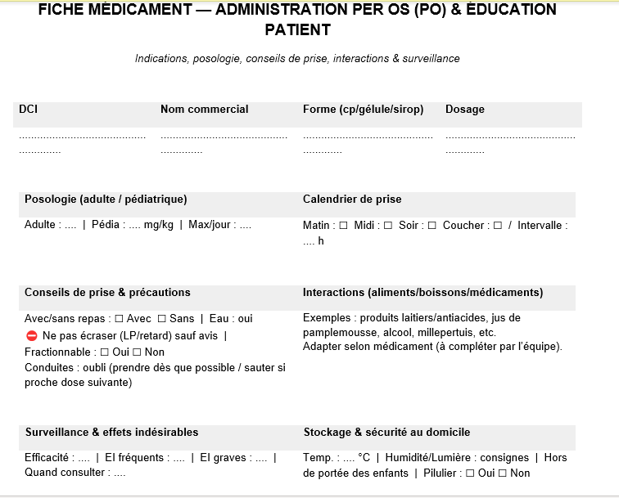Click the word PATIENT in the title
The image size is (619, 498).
[x=298, y=30]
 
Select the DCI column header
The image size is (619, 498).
[x=28, y=109]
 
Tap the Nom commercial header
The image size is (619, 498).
[x=204, y=109]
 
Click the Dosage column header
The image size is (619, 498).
[x=464, y=109]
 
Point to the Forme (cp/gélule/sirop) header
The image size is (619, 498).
[x=363, y=109]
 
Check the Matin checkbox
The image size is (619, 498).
[x=343, y=226]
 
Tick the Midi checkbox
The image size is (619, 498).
[x=387, y=226]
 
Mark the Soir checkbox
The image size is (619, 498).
[x=431, y=226]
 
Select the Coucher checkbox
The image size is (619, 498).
[x=497, y=226]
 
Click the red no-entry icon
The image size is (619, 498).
[x=32, y=335]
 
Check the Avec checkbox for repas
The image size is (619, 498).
[x=119, y=318]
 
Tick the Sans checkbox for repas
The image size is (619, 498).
[x=161, y=318]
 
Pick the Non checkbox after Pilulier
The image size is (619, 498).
[x=502, y=473]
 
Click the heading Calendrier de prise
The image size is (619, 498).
[x=352, y=199]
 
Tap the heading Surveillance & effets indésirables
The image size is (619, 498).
[x=111, y=432]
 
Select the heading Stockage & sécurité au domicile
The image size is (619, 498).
[x=386, y=432]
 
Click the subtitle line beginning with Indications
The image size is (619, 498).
[x=297, y=59]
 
